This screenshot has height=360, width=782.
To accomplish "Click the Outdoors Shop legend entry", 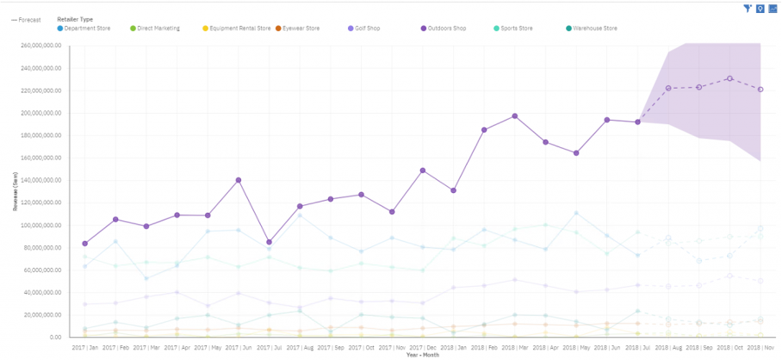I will coord(447,28).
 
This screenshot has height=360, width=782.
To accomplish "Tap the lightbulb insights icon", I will coord(760,8).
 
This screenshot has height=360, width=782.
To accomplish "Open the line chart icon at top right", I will coord(773,8).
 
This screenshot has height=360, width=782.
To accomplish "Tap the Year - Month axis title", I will coord(422,354).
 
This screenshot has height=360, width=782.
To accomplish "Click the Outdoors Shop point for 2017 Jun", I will coord(238,180).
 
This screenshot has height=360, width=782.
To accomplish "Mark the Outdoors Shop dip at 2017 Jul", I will coord(269,242).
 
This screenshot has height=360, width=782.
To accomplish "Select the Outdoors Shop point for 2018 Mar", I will coord(515,115).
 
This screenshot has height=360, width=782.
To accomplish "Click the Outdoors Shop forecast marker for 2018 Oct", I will coord(729,78).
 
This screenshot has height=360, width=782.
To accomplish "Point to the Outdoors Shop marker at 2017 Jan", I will coord(84,244).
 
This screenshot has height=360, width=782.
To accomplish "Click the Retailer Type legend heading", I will coord(75,19).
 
